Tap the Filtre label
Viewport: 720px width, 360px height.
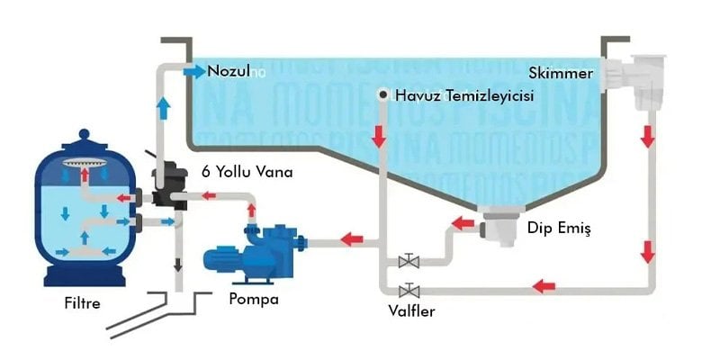click(x=83, y=303)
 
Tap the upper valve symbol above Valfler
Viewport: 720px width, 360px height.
click(x=409, y=262)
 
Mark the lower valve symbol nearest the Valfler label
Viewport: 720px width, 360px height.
click(x=409, y=290)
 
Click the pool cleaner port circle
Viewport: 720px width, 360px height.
click(x=382, y=94)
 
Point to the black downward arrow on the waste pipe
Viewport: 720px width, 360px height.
click(x=177, y=264)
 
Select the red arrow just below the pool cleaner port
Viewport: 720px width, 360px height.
click(x=382, y=135)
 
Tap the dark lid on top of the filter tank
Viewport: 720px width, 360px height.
click(x=84, y=142)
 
